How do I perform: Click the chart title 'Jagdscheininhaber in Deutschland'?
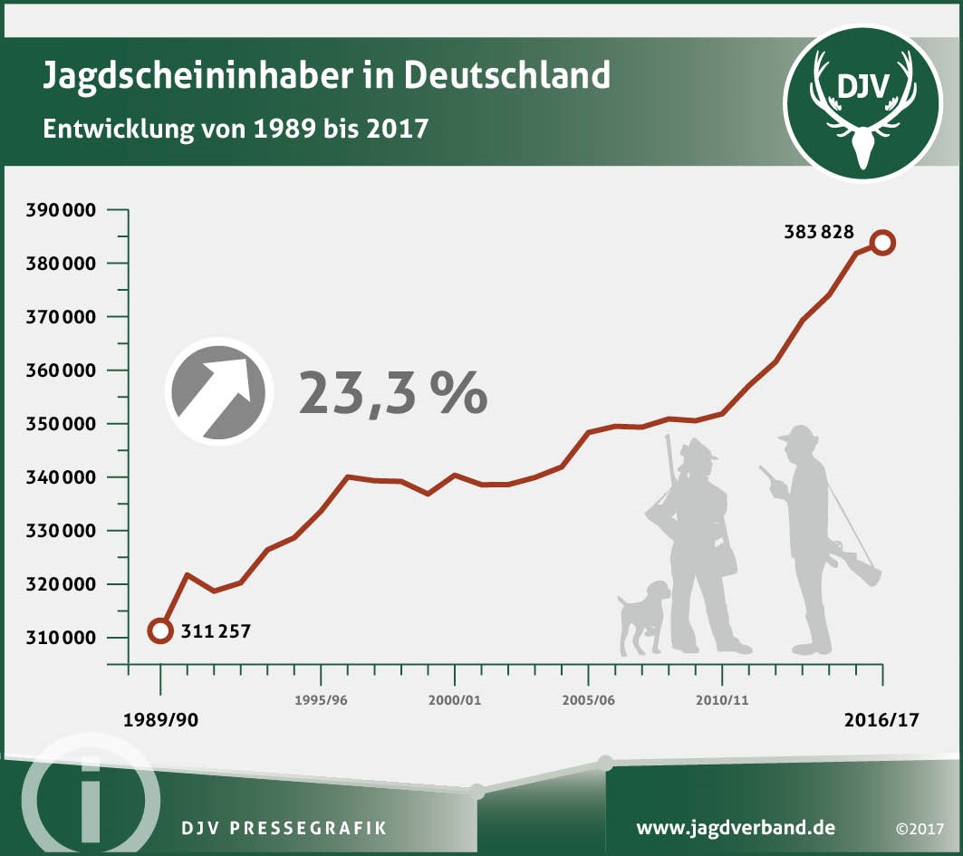[326, 75]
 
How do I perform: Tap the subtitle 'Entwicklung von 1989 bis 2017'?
[236, 127]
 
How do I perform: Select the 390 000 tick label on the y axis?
[65, 211]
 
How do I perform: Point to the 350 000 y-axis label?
[65, 424]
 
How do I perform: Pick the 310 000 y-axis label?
[65, 638]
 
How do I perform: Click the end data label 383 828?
[818, 232]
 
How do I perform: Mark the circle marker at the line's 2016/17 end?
[882, 243]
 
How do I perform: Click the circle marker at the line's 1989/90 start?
[160, 630]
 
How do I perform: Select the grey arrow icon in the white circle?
[218, 391]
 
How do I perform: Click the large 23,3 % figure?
[393, 392]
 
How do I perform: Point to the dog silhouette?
[644, 617]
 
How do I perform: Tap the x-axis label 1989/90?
[161, 721]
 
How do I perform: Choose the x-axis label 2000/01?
[454, 701]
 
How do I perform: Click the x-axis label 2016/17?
[881, 721]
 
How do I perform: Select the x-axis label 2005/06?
[588, 701]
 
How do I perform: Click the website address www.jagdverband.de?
[736, 828]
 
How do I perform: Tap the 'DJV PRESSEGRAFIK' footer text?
[284, 828]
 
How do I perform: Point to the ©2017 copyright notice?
[920, 829]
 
